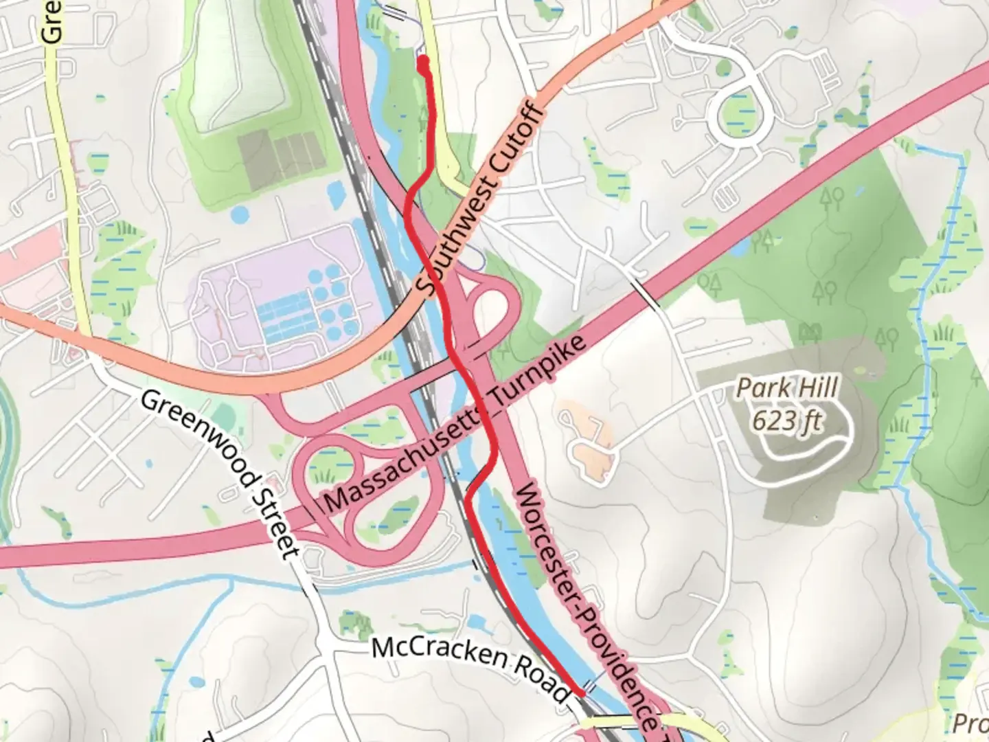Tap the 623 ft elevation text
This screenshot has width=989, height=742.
click(787, 419)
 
